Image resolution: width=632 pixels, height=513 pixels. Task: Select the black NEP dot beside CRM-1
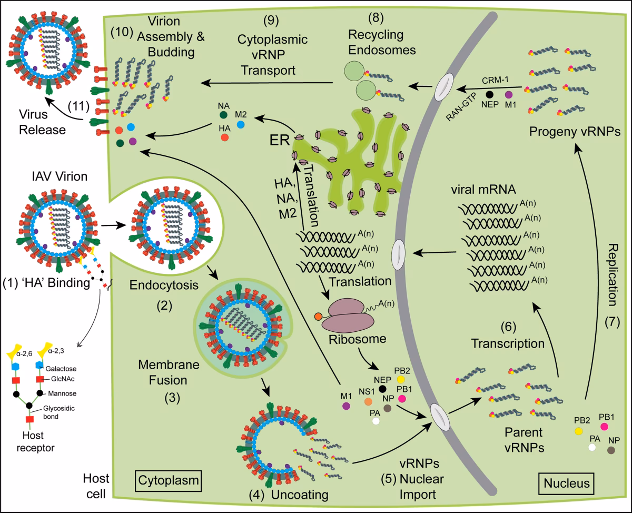tap(489, 95)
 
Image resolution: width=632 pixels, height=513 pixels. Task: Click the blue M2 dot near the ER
tap(241, 124)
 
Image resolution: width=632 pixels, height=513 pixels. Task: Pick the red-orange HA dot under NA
tap(225, 137)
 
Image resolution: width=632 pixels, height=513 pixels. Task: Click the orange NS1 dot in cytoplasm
tap(369, 401)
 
